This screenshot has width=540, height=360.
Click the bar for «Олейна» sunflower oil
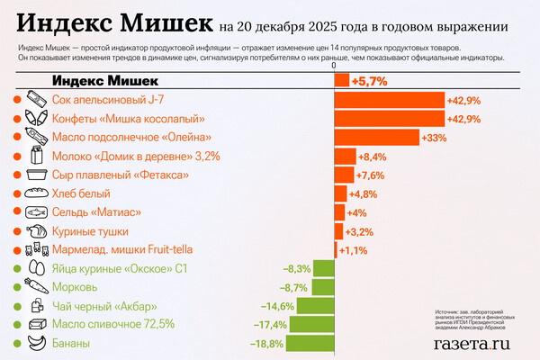(377, 137)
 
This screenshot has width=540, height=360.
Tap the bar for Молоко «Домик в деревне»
(345, 156)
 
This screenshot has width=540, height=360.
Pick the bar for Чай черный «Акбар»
(316, 305)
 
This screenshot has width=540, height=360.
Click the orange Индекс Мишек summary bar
(342, 81)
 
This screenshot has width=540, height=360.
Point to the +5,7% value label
(369, 81)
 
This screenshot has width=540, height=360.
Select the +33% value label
(435, 137)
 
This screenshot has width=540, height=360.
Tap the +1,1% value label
(352, 249)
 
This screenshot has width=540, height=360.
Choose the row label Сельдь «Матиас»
(94, 212)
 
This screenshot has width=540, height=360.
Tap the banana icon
(37, 343)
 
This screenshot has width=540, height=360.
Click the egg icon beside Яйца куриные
(37, 268)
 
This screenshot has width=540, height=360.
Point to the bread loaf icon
(37, 193)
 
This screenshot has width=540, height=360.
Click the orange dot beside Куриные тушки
(17, 231)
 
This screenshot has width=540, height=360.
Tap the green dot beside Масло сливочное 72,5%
(17, 324)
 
